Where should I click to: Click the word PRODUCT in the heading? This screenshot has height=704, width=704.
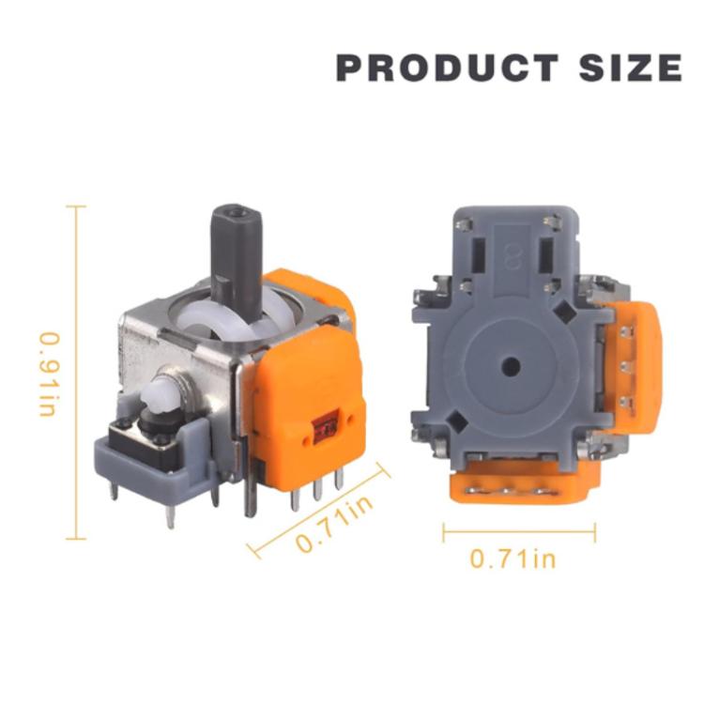[x=447, y=69]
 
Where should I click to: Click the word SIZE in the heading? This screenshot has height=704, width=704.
[x=630, y=69]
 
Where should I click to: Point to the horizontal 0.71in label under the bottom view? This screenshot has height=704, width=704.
[x=513, y=559]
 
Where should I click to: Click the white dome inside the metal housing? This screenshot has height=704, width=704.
[x=225, y=324]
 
